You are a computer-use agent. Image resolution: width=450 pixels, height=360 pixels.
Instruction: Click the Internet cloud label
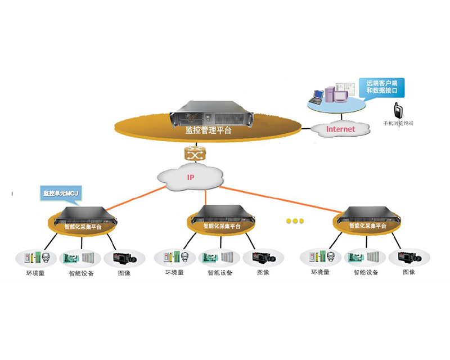coord(341,129)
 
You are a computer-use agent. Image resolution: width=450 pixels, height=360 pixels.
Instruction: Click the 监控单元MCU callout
coord(62,193)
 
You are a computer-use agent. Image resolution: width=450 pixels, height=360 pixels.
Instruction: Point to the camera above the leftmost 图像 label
coord(125,258)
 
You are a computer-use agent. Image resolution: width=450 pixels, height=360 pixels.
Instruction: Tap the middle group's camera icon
coord(264,258)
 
